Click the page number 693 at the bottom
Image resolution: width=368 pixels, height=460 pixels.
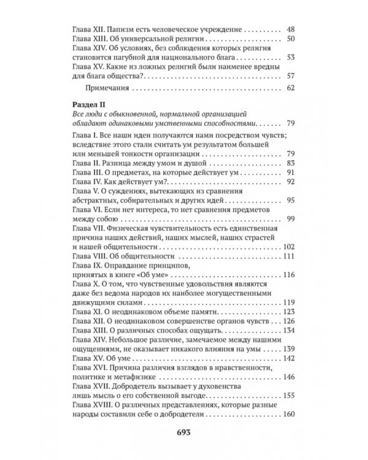point(184,432)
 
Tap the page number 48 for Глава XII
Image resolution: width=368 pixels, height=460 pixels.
point(291,29)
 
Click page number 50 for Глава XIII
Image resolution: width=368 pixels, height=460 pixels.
point(291,40)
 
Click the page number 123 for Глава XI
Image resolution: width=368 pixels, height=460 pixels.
point(288,313)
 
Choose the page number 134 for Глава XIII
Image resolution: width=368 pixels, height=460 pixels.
point(288,331)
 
